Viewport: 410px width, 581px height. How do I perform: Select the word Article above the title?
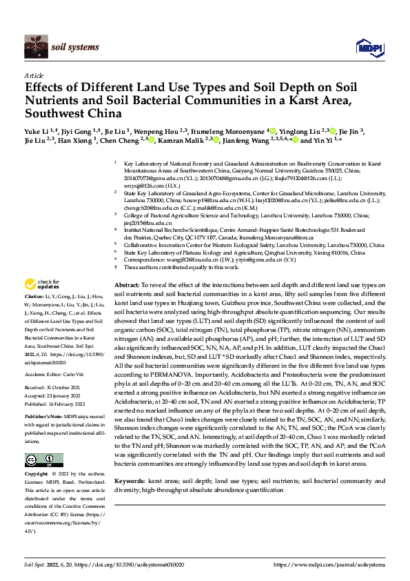coord(33,75)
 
